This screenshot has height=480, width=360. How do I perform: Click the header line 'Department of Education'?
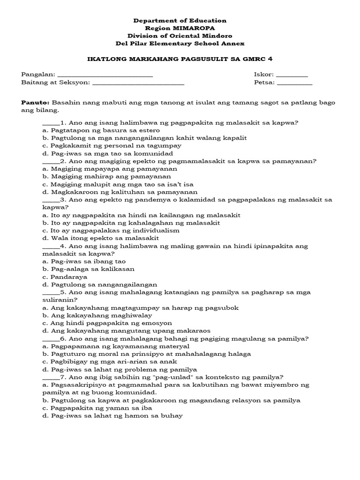pyautogui.click(x=180, y=21)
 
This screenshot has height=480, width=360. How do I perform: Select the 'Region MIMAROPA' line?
pyautogui.click(x=180, y=28)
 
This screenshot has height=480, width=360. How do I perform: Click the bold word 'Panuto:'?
pyautogui.click(x=36, y=102)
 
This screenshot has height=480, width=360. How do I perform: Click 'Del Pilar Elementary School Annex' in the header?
pyautogui.click(x=180, y=44)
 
